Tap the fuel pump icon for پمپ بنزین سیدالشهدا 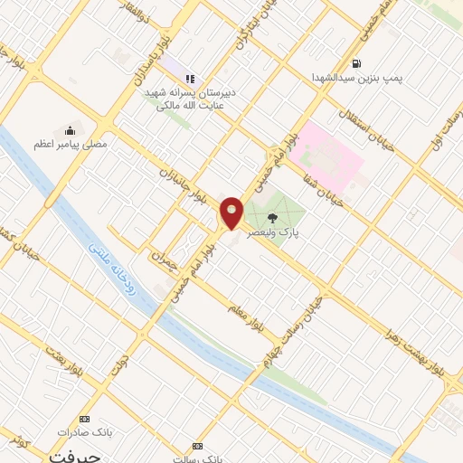click(x=357, y=64)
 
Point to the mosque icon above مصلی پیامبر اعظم click(x=71, y=130)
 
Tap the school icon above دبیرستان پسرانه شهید click(x=189, y=79)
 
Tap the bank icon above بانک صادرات click(x=86, y=420)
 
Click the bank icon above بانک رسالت click(x=198, y=446)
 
